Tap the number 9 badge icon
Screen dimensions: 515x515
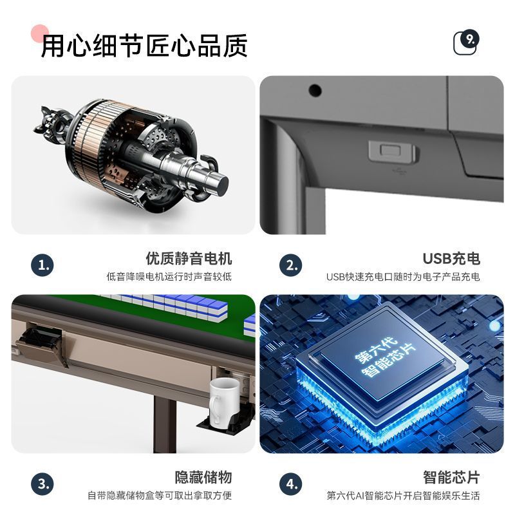[467, 42]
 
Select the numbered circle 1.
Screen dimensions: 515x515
[42, 265]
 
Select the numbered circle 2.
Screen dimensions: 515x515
[291, 265]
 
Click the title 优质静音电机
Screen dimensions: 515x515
[189, 259]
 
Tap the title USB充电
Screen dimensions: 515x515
[451, 259]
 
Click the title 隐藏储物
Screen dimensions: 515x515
[203, 478]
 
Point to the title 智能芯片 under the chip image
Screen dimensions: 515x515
[451, 478]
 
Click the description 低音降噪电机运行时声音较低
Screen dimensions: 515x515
[169, 277]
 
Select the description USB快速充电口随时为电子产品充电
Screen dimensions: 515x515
[403, 277]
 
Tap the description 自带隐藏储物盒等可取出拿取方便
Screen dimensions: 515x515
[160, 496]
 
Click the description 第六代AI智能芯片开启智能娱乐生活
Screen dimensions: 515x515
[403, 496]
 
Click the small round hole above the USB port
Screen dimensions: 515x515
[314, 89]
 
